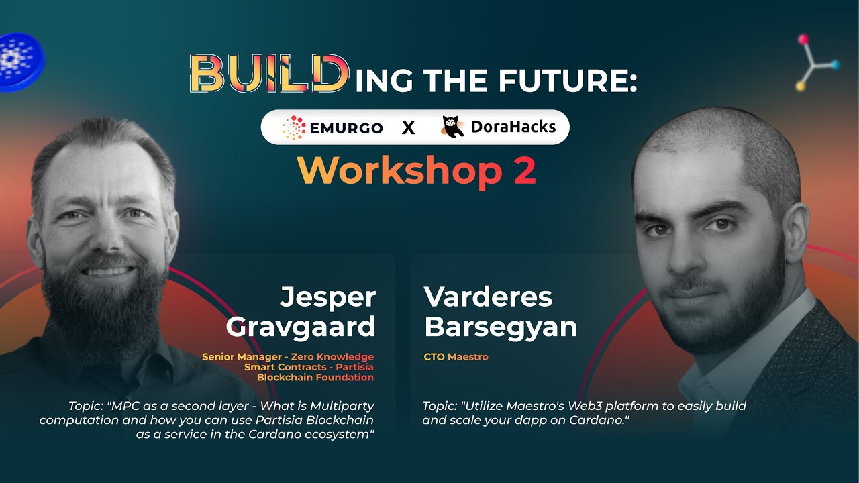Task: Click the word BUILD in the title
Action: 269,74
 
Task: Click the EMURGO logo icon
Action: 294,127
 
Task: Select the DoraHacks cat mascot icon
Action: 452,127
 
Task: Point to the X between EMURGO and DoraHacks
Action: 409,128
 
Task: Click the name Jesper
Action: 327,297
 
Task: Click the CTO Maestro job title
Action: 456,357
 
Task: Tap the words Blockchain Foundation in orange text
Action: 315,377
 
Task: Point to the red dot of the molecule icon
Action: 803,40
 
